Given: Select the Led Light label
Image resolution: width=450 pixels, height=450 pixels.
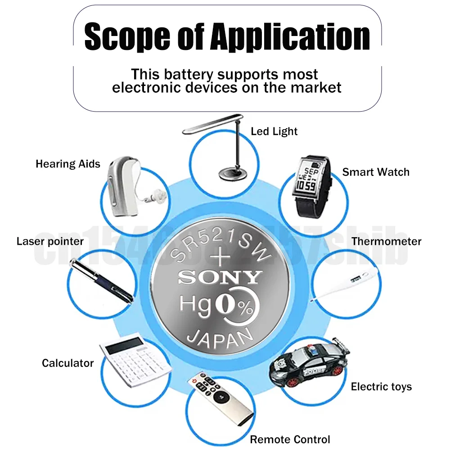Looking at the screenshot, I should click(x=274, y=131).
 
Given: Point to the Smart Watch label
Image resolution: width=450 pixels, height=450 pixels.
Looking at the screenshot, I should click(x=376, y=172).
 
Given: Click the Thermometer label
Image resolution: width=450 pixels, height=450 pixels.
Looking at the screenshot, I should click(x=387, y=241).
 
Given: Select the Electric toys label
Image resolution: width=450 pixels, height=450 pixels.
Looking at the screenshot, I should click(x=381, y=387).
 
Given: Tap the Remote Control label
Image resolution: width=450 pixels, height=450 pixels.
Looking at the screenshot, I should click(x=290, y=440).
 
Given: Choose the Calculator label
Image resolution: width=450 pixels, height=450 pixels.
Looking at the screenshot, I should click(x=67, y=363).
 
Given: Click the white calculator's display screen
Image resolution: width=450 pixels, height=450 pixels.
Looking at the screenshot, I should click(x=119, y=346).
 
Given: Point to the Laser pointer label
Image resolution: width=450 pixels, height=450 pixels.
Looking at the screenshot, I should click(x=50, y=241).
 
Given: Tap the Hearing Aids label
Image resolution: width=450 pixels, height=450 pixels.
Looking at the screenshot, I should click(x=68, y=164).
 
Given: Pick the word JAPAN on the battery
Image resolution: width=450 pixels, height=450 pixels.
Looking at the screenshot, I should click(x=220, y=336).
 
